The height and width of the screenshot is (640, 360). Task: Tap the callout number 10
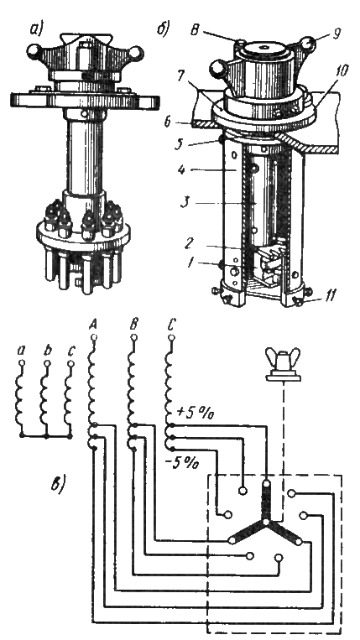coord(340,71)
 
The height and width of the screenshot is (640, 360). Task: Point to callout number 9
coord(336,34)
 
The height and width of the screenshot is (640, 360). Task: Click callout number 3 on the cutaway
coord(185,203)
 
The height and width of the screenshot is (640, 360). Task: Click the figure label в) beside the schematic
coord(59,486)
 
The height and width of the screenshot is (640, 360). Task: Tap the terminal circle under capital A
coord(94,337)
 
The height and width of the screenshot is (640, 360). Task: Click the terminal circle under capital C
coord(171,337)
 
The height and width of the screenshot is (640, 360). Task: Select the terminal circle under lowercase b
coord(47,363)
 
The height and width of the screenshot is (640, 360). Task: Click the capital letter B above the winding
coord(133,325)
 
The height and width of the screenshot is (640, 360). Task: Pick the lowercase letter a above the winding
coord(22,351)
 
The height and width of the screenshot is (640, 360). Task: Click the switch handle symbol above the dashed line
coord(284,365)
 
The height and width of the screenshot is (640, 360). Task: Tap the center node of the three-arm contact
coord(265,522)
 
